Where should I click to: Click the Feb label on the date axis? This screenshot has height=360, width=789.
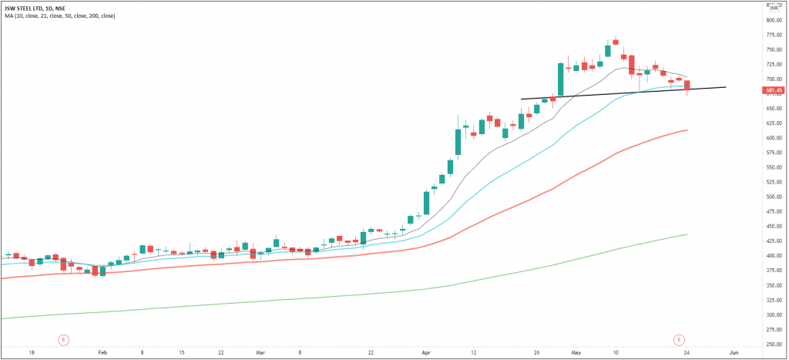click(102, 352)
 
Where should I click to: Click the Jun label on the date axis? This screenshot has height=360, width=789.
click(734, 352)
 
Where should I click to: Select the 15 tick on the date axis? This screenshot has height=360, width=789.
click(181, 352)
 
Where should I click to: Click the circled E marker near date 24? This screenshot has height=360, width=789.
click(679, 339)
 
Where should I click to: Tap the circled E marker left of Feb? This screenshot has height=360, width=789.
click(64, 339)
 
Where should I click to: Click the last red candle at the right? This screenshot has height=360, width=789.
click(687, 85)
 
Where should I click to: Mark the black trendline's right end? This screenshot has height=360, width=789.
click(726, 87)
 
